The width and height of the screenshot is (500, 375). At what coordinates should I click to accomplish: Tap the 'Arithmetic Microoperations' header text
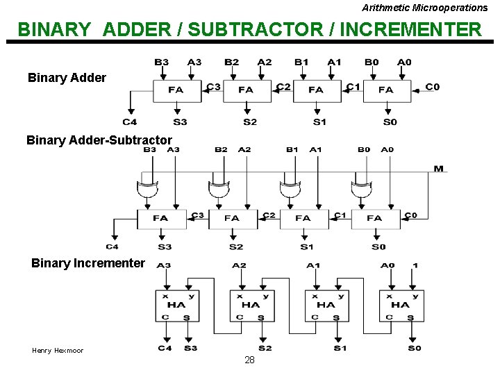coord(424,8)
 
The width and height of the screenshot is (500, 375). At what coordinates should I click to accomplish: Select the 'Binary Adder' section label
coord(67,78)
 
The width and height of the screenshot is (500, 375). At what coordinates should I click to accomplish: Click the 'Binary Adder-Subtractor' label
coord(99,140)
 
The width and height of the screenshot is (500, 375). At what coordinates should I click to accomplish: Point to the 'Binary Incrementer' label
coord(88,263)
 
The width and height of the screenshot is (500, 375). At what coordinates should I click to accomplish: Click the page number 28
coord(249,360)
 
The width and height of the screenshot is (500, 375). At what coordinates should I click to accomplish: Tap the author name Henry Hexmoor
coord(58,351)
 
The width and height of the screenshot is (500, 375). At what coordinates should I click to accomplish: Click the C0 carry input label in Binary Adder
coord(432,87)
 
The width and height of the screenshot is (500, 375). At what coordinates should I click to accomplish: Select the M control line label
coord(438,169)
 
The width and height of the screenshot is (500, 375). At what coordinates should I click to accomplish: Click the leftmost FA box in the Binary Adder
coord(176,90)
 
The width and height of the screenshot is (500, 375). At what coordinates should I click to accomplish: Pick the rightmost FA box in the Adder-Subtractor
coord(375,218)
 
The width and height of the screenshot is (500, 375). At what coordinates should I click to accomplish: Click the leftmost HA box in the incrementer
coord(176,305)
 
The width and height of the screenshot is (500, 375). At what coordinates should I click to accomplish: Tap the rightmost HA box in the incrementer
coord(401,305)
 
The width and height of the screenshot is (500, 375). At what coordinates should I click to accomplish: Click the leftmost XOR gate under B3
coord(147,189)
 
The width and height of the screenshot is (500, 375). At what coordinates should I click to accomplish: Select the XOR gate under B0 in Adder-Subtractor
coord(360,189)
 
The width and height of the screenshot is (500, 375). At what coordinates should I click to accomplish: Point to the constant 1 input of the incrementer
coord(415,265)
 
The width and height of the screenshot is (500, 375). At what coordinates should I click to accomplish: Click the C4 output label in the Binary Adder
coord(130,122)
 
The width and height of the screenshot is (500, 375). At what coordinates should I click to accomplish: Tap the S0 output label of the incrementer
coord(414,348)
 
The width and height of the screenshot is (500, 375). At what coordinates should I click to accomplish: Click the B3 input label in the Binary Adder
coord(161,62)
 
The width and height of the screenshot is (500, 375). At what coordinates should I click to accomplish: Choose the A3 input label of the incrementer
coord(165,265)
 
